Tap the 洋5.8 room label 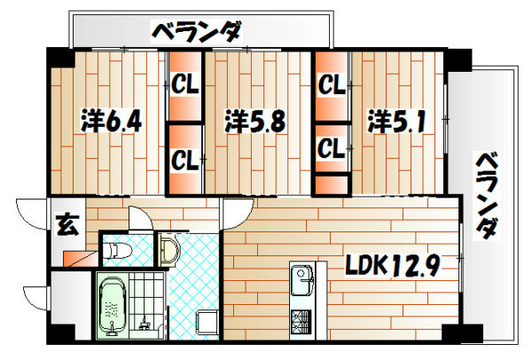click(x=254, y=121)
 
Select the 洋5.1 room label click(x=400, y=121)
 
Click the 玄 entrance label click(x=67, y=224)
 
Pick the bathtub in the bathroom click(x=113, y=306)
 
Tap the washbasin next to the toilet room click(x=168, y=249)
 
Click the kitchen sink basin click(x=299, y=282)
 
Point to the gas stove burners click(x=299, y=320)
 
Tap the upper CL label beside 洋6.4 click(x=185, y=86)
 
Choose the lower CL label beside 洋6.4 click(x=185, y=160)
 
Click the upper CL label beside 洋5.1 click(x=331, y=86)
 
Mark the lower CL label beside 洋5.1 click(x=331, y=146)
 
